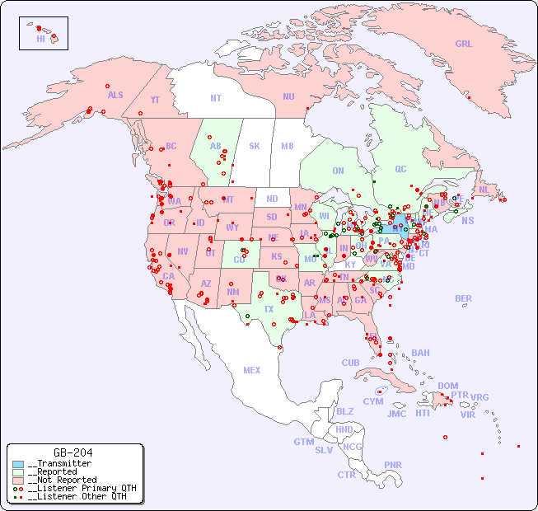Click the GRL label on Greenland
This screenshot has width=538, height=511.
pyautogui.click(x=464, y=44)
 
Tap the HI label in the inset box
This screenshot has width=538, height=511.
pyautogui.click(x=40, y=39)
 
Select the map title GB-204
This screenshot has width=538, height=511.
pyautogui.click(x=73, y=452)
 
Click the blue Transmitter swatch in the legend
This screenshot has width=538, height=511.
pyautogui.click(x=18, y=464)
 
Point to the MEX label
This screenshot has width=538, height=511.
pyautogui.click(x=251, y=370)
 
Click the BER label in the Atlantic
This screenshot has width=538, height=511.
pyautogui.click(x=463, y=298)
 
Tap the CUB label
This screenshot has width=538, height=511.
pyautogui.click(x=350, y=363)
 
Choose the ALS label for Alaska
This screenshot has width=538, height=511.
pyautogui.click(x=115, y=95)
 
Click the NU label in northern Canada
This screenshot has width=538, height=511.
pyautogui.click(x=288, y=96)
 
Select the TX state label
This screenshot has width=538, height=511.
pyautogui.click(x=269, y=309)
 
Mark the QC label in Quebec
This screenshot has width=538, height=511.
pyautogui.click(x=400, y=169)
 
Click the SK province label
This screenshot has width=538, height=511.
pyautogui.click(x=255, y=146)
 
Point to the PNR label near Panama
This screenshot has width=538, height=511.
pyautogui.click(x=393, y=465)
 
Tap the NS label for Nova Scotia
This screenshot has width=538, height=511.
pyautogui.click(x=467, y=220)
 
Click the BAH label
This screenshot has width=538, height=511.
pyautogui.click(x=420, y=353)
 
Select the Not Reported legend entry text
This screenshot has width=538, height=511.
pyautogui.click(x=62, y=480)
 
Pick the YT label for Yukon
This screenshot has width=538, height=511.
pyautogui.click(x=155, y=100)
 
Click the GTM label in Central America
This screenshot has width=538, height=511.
pyautogui.click(x=303, y=442)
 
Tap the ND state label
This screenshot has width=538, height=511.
pyautogui.click(x=272, y=199)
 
